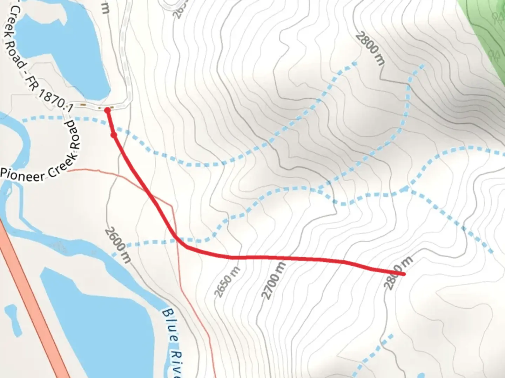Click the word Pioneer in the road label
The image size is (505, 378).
coord(22,175)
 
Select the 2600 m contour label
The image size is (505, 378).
coord(118,245)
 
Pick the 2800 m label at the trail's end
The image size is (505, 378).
coord(398,273)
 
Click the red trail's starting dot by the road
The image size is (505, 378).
coord(107,111)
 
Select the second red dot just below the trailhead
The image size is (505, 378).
coord(114,135)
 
